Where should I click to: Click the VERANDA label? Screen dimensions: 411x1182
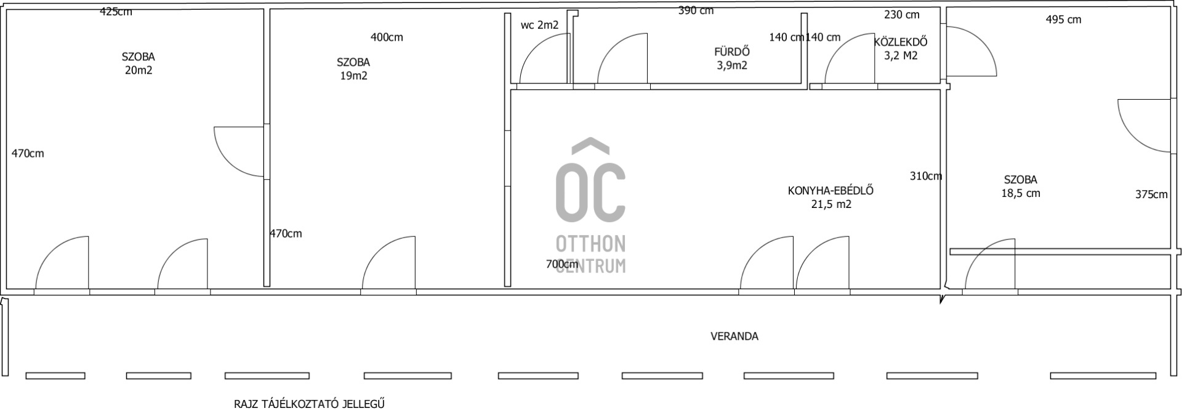pyautogui.click(x=734, y=337)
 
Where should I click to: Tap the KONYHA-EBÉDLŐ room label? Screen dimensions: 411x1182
pyautogui.click(x=830, y=191)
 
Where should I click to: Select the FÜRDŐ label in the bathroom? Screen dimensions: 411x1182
pyautogui.click(x=731, y=52)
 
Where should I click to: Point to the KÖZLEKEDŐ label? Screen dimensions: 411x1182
pyautogui.click(x=901, y=42)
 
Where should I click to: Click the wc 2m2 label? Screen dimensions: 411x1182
pyautogui.click(x=539, y=25)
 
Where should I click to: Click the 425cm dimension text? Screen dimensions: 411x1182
pyautogui.click(x=116, y=12)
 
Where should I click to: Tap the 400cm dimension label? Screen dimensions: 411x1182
pyautogui.click(x=387, y=38)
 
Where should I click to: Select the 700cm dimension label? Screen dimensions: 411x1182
pyautogui.click(x=562, y=265)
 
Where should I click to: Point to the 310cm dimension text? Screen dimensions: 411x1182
pyautogui.click(x=926, y=176)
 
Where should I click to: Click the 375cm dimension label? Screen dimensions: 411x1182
pyautogui.click(x=1151, y=194)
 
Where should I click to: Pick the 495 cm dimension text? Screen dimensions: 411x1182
pyautogui.click(x=1063, y=20)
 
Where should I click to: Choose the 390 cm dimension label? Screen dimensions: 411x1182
pyautogui.click(x=696, y=10)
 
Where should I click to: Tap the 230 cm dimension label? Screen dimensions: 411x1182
pyautogui.click(x=901, y=15)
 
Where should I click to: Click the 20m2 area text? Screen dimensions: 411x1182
pyautogui.click(x=139, y=70)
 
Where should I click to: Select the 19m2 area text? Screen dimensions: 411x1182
pyautogui.click(x=353, y=76)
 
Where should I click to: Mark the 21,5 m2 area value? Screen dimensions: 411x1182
pyautogui.click(x=831, y=204)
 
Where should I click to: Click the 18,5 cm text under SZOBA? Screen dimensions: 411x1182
pyautogui.click(x=1021, y=193)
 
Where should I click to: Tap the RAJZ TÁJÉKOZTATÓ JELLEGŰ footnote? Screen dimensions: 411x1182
pyautogui.click(x=309, y=404)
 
